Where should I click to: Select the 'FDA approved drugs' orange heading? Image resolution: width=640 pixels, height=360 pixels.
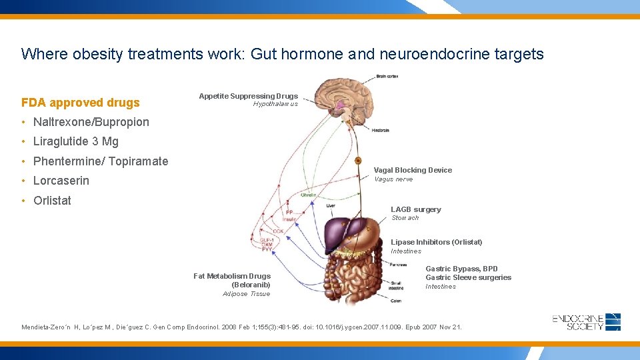81,103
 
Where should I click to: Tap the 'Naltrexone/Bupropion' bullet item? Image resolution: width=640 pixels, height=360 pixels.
91,122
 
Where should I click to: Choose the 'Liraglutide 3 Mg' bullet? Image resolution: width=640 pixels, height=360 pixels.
75,141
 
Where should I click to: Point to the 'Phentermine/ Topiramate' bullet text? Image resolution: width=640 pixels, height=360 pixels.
101,161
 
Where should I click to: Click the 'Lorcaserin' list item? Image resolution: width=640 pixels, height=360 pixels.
61,181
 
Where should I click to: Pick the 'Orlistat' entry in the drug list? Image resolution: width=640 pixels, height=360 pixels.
52,201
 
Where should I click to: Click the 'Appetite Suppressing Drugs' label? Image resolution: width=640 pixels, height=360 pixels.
248,96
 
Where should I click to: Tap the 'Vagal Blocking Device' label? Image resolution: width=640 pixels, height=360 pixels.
413,170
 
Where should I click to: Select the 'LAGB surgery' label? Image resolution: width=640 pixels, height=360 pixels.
415,209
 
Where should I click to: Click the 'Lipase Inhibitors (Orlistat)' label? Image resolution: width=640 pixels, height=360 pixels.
436,242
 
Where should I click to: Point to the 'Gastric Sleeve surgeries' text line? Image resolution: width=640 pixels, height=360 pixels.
468,277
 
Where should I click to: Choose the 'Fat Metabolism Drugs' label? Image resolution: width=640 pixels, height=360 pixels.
232,276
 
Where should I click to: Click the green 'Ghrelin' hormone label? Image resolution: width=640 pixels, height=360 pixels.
308,195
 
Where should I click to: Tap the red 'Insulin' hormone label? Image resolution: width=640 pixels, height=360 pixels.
289,219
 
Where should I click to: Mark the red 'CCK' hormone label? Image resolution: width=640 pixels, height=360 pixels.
278,231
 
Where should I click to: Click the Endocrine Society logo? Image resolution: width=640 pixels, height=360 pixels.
587,322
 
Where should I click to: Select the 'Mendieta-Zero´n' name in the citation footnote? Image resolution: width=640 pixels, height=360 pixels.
51,327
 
